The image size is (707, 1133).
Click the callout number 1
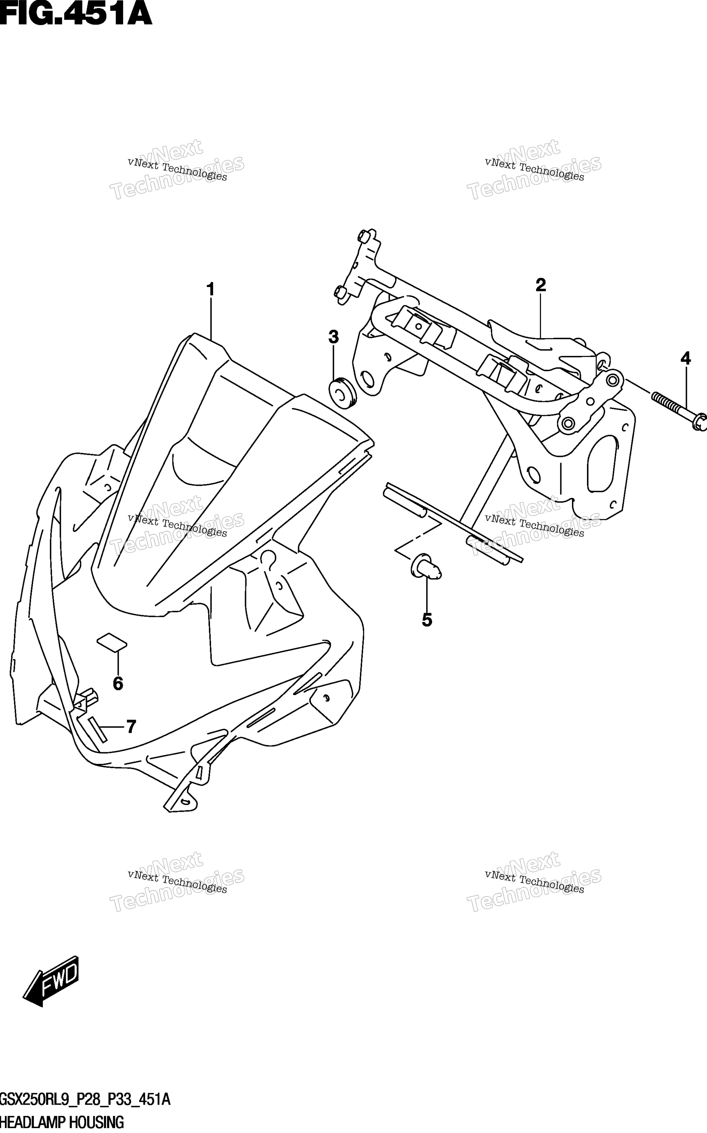tap(210, 290)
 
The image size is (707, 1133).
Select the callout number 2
tap(541, 285)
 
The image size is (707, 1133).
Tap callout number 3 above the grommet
tap(333, 337)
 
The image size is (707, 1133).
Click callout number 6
tap(118, 684)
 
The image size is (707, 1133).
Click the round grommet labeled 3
tap(342, 392)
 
